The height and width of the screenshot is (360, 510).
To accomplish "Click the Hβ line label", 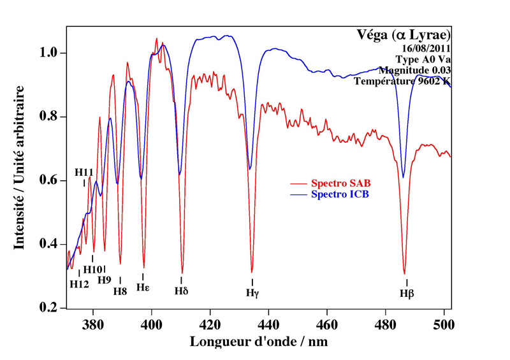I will tap(407, 294).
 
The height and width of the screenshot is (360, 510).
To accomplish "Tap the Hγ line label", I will tap(252, 292).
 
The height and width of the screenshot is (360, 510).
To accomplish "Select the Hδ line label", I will tap(181, 291).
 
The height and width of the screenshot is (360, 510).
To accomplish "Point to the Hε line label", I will tap(143, 287).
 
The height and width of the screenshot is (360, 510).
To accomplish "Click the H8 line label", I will tap(120, 291).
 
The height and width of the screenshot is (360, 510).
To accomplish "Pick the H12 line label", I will tap(79, 284).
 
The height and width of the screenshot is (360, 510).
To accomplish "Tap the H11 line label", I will tap(84, 172).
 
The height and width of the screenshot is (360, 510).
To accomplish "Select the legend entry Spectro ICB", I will tap(340, 194).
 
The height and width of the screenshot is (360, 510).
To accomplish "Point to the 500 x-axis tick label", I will tap(444, 322).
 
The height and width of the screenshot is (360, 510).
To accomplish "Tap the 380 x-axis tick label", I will tap(93, 322).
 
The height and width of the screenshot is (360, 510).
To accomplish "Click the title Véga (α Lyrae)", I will tap(404, 34).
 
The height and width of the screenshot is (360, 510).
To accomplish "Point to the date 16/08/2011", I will tap(426, 48).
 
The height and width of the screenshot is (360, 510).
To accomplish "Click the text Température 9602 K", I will tap(403, 81).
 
